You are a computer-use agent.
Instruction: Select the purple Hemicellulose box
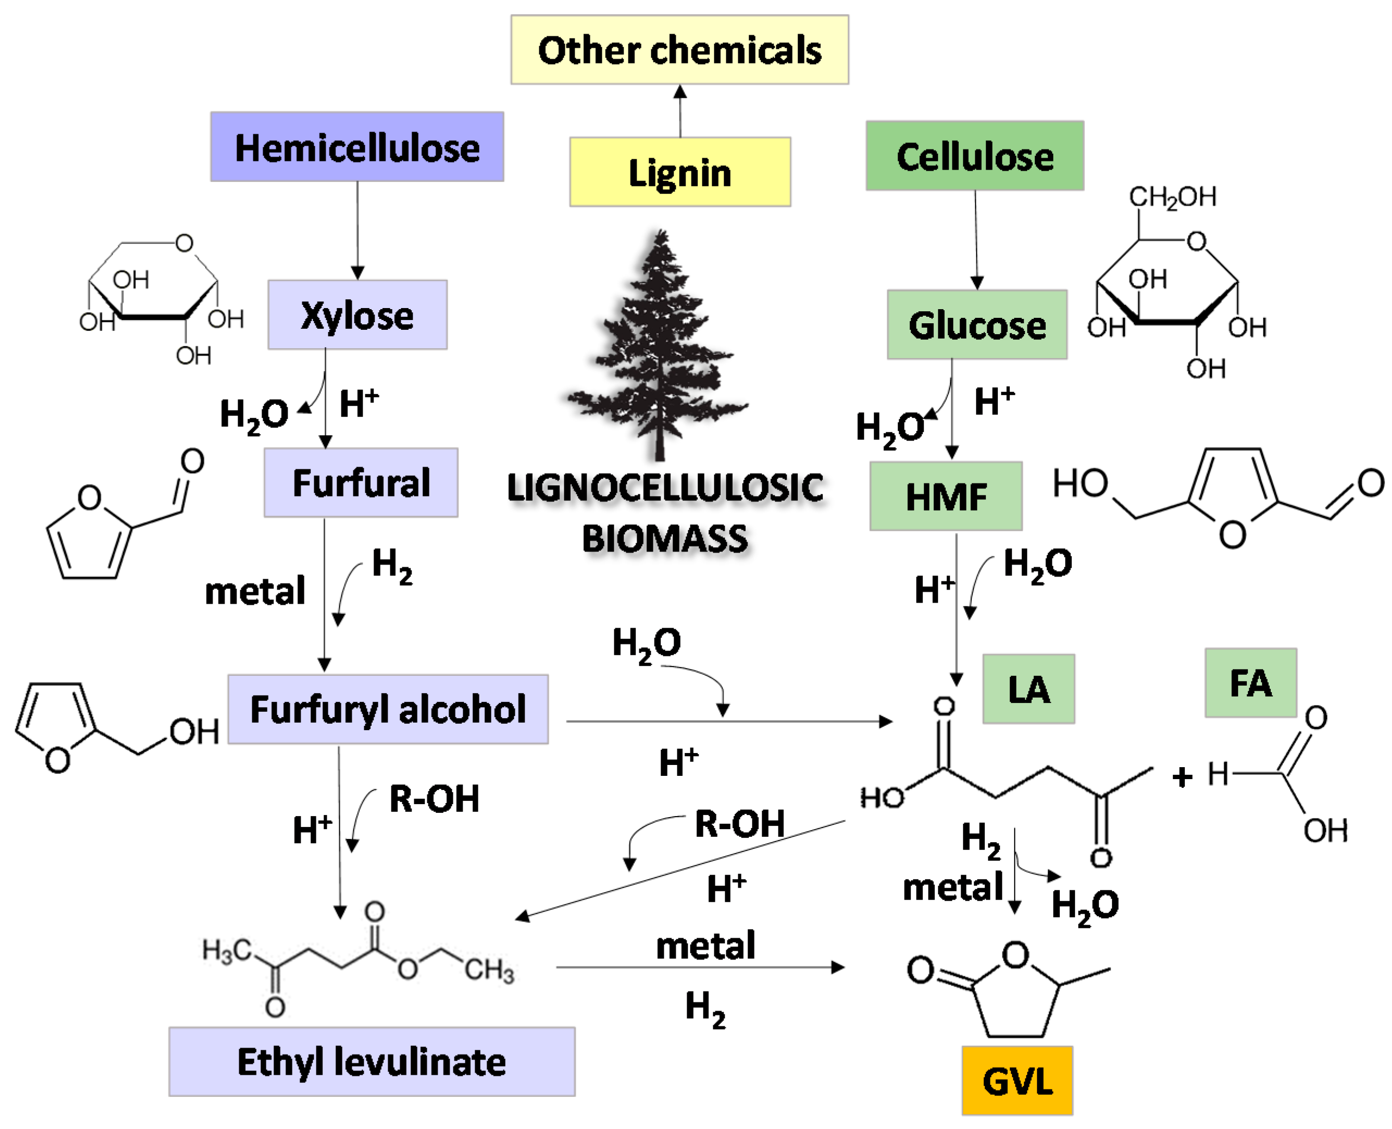click(357, 147)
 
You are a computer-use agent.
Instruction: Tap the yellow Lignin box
click(680, 172)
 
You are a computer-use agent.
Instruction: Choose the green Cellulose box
click(974, 156)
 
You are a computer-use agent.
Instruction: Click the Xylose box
click(357, 316)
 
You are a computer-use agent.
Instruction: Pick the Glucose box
click(976, 325)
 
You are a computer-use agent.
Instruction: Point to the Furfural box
click(360, 482)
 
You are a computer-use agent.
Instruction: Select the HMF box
click(945, 497)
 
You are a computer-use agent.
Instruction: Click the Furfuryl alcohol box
click(388, 710)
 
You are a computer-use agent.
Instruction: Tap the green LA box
click(1028, 689)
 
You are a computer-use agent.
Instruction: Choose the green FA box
click(1250, 683)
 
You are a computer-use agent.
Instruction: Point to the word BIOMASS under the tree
click(664, 538)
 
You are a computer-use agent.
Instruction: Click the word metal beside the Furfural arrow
click(254, 591)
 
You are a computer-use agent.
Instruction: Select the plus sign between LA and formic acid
click(1182, 777)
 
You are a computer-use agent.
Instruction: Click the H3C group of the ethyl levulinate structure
click(226, 951)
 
